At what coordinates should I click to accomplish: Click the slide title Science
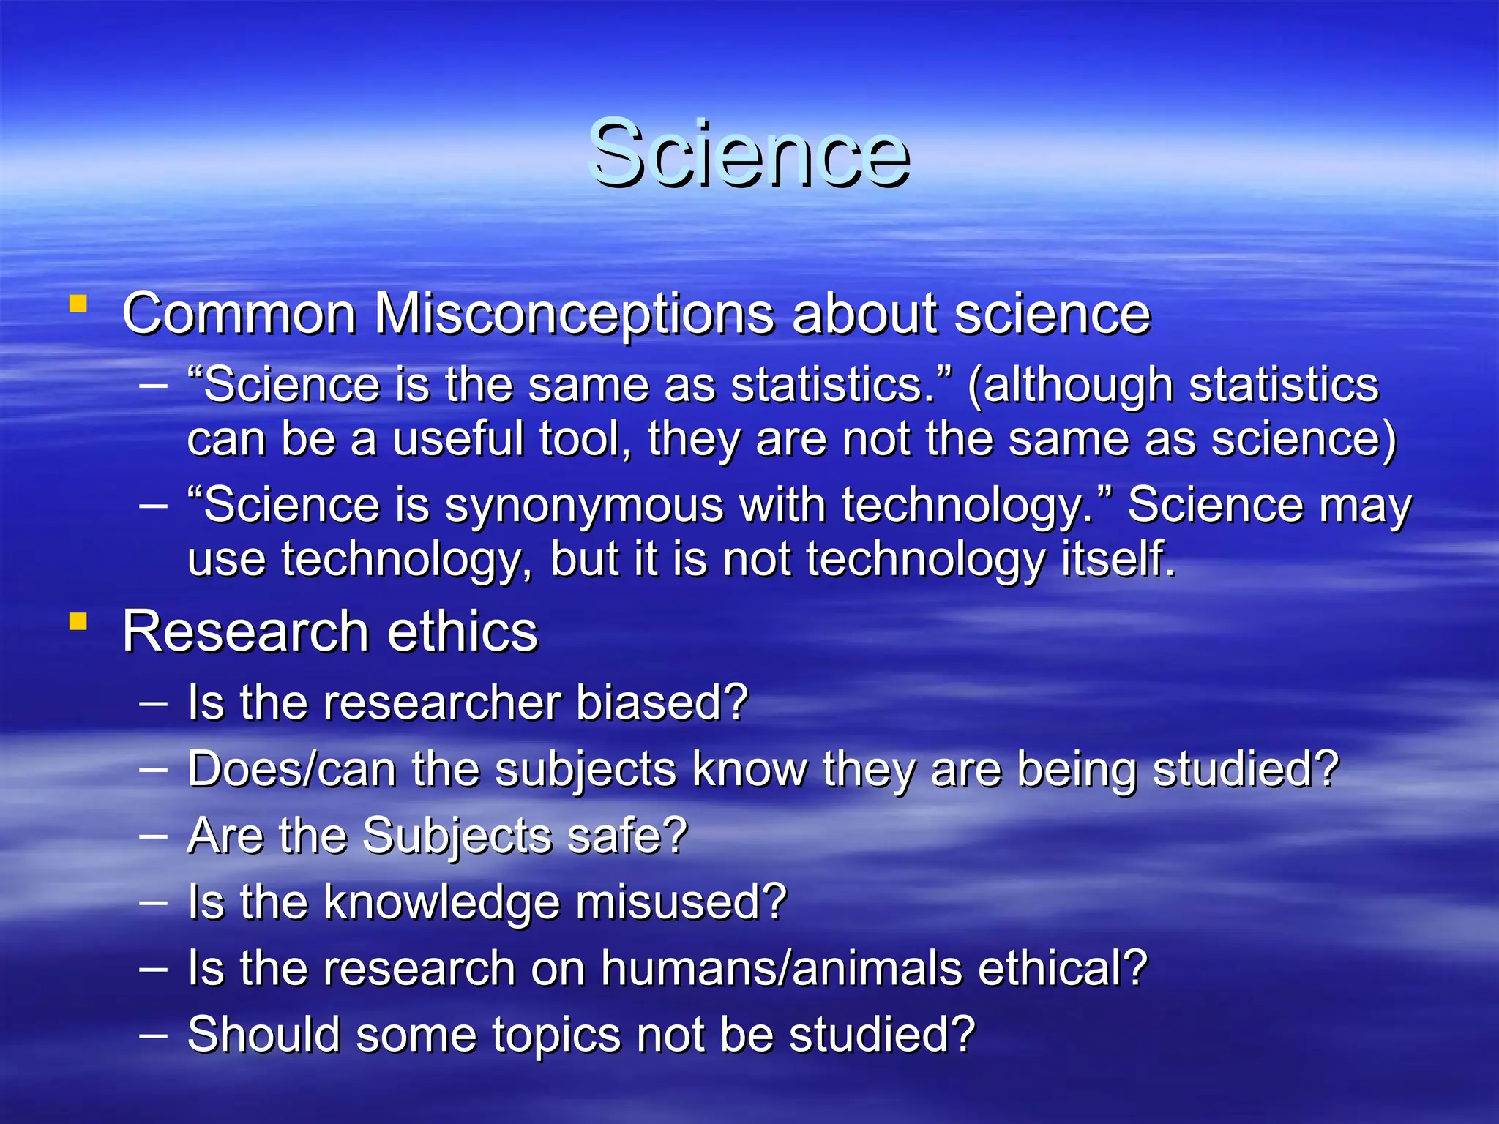(749, 154)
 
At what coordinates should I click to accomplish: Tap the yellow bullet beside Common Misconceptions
(78, 304)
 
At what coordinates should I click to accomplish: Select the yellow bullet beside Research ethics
(78, 622)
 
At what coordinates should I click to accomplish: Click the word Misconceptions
(574, 315)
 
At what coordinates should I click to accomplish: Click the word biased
(661, 702)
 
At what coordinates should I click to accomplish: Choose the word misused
(681, 902)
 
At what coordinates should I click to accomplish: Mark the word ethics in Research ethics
(462, 632)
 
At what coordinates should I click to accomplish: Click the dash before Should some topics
(154, 1035)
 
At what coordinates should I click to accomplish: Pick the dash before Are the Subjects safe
(154, 836)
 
